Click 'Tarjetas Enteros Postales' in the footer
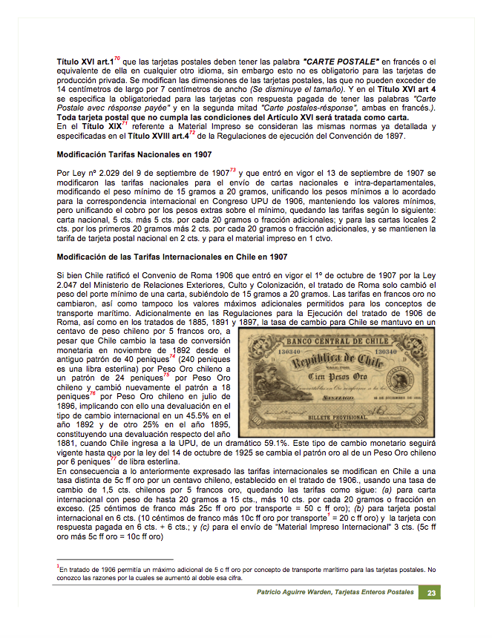click(375, 593)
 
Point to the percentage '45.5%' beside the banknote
click(194, 414)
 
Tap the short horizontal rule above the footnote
click(115, 559)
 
